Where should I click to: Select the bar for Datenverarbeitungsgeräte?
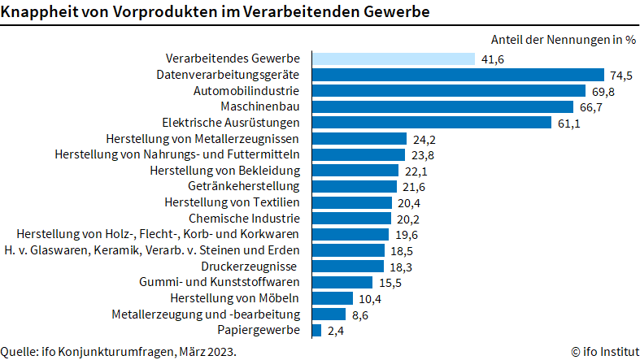(455, 75)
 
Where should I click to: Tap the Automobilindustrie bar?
(446, 90)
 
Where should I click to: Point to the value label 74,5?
(621, 75)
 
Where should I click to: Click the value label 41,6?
(492, 59)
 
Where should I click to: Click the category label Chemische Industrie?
(244, 219)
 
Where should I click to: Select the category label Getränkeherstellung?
(244, 186)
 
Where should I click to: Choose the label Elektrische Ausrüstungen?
(231, 123)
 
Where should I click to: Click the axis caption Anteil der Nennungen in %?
(563, 39)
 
